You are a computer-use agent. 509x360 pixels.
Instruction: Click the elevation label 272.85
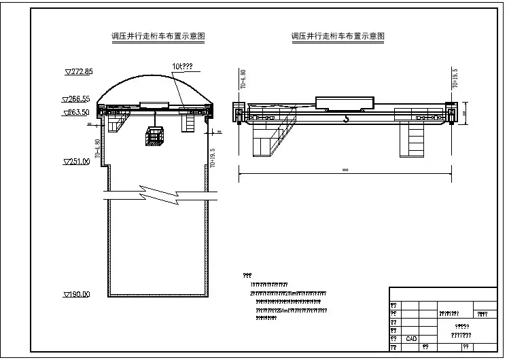pos(79,71)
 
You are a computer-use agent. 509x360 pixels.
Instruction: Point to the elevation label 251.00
pos(77,161)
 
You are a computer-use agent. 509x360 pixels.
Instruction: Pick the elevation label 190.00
pos(77,294)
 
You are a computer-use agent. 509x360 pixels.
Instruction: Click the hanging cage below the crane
pos(156,137)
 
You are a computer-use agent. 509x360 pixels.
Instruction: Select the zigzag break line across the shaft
pos(157,194)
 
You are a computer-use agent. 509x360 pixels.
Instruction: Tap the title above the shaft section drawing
pos(159,36)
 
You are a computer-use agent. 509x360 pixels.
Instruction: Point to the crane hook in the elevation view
pos(346,120)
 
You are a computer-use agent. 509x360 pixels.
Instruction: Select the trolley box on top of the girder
pos(345,103)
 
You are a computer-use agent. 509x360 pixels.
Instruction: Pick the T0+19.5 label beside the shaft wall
pos(213,158)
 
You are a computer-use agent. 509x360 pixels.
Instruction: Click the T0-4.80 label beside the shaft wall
pos(99,149)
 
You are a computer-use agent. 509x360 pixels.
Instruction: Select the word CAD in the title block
pos(412,338)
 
